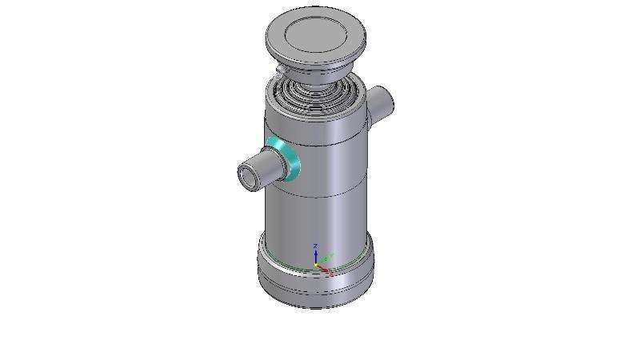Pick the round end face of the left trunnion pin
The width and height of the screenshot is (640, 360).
[249, 176]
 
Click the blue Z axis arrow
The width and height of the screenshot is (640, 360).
[316, 255]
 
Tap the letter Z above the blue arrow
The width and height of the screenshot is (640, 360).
[316, 246]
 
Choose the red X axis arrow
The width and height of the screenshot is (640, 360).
[324, 268]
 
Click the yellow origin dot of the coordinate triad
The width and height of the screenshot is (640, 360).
[316, 264]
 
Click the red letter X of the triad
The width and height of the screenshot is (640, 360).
[331, 273]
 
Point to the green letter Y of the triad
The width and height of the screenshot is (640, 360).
[330, 255]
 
